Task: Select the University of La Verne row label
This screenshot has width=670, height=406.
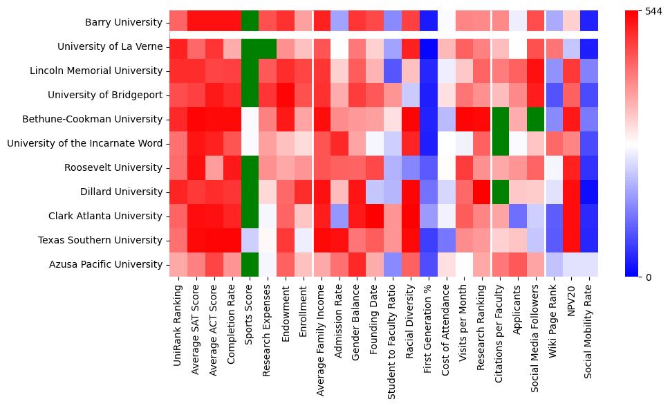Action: (110, 47)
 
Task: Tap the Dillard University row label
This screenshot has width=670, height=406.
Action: (122, 192)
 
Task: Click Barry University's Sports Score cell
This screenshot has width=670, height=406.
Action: (250, 23)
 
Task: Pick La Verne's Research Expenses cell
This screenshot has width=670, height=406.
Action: (268, 47)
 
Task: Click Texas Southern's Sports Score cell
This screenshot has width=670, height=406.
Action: (250, 240)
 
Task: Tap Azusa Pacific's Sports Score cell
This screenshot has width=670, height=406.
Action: (250, 264)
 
